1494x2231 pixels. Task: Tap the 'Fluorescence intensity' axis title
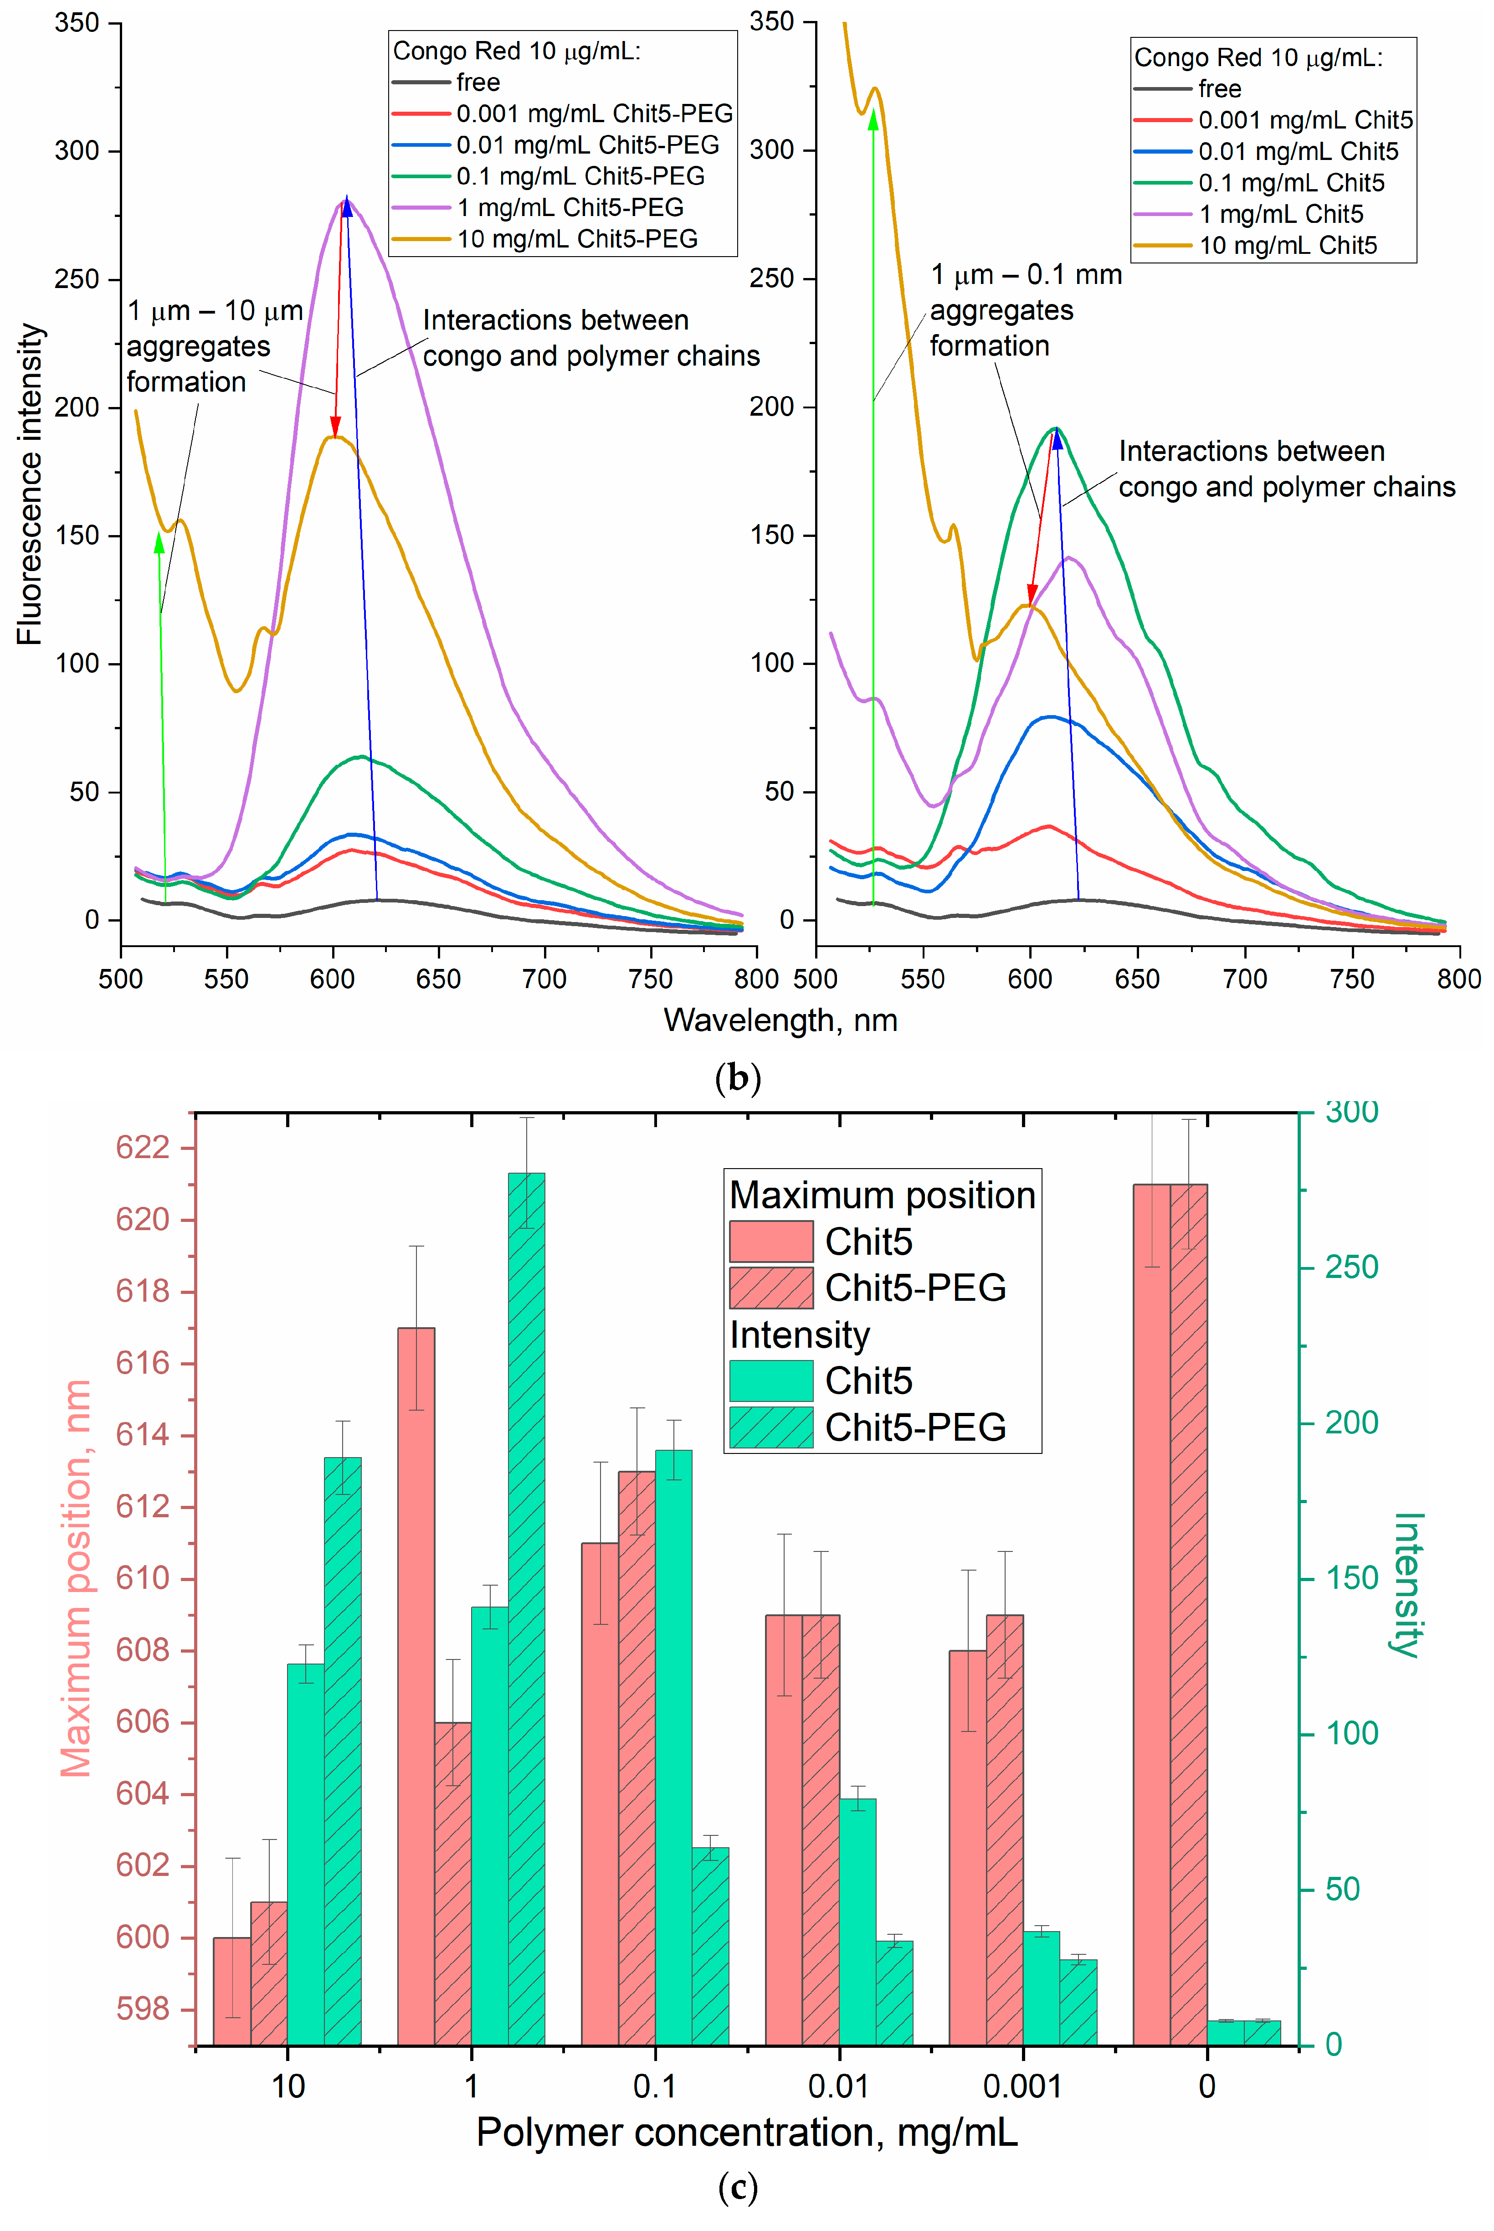point(31,484)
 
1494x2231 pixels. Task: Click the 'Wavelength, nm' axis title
point(780,1020)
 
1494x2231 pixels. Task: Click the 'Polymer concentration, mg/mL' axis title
point(746,2133)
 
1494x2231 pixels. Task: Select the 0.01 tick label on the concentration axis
point(838,2086)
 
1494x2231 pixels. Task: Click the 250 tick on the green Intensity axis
point(1351,1267)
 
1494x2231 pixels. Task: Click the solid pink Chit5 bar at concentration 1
point(416,1687)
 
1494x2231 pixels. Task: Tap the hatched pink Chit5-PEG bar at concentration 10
point(269,1973)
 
